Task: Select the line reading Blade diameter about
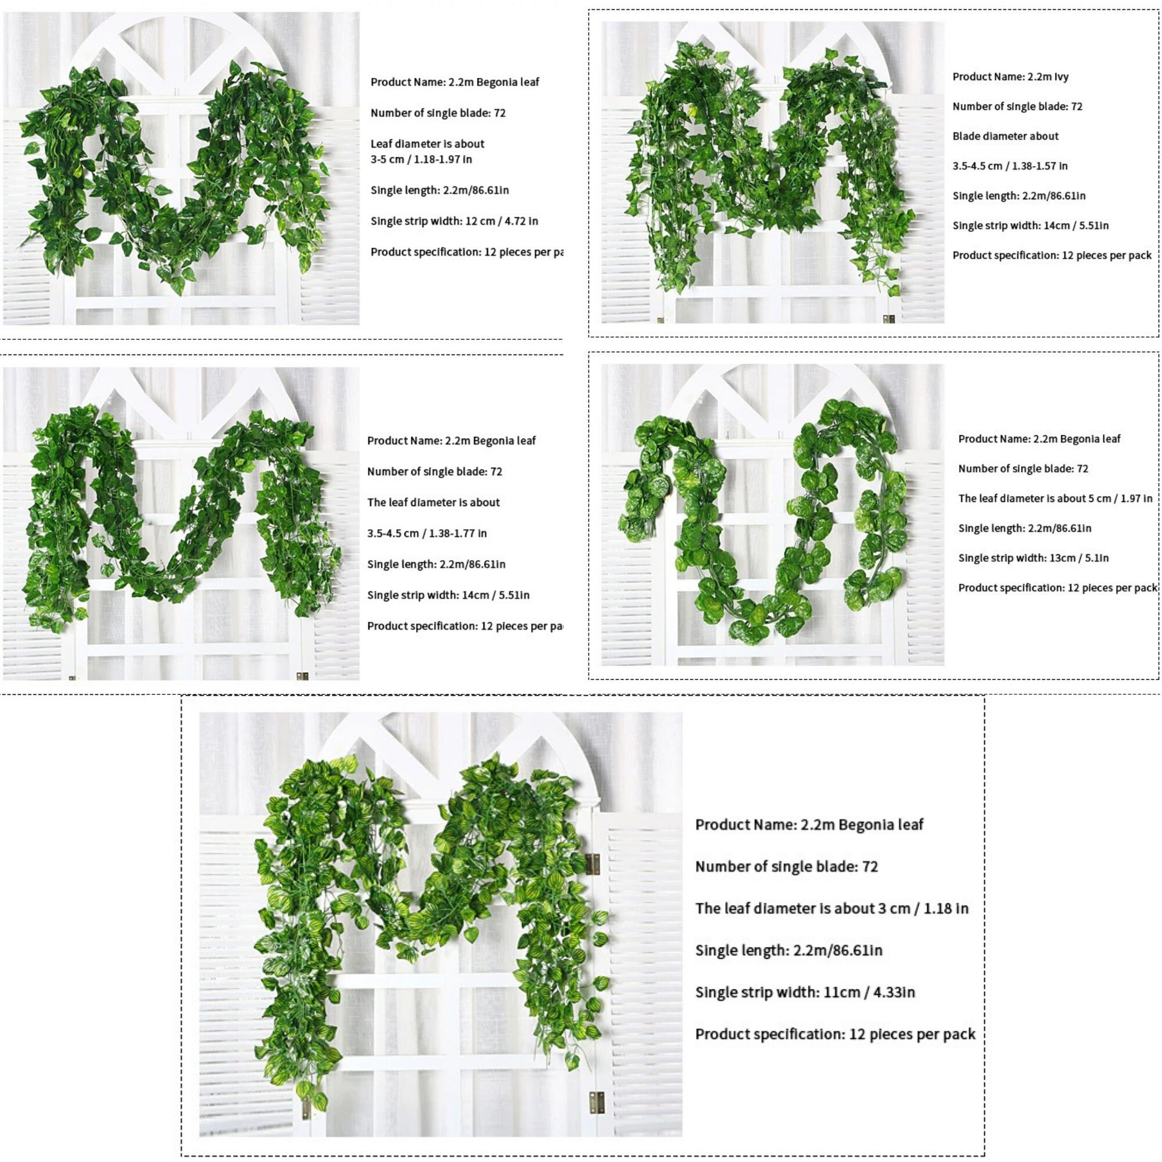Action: coord(1005,137)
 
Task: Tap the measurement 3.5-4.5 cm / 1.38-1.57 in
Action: coord(1010,166)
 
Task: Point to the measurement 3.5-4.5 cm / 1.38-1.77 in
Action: coord(427,533)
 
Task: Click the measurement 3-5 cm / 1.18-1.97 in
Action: coord(421,159)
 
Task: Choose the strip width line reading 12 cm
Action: coord(454,221)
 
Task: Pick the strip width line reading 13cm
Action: coord(1033,558)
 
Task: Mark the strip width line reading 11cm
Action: coord(805,992)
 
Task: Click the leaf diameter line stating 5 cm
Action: coord(1055,498)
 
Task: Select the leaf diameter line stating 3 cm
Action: coord(832,908)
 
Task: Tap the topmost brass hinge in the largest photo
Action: coord(593,865)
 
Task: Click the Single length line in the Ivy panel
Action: coord(1019,196)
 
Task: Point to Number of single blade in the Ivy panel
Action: coord(1017,107)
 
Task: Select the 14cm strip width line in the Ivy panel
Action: coord(1030,226)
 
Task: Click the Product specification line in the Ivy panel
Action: coord(1052,256)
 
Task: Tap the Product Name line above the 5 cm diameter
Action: coord(1039,439)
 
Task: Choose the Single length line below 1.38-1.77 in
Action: coord(436,565)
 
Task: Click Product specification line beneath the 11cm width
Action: coord(835,1035)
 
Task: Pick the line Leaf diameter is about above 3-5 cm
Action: coord(427,144)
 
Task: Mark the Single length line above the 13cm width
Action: coord(1024,529)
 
